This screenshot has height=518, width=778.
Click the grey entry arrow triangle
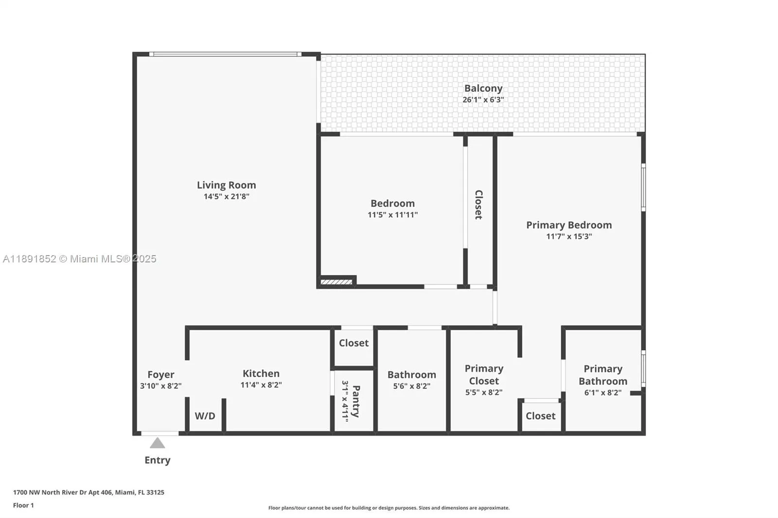pyautogui.click(x=157, y=443)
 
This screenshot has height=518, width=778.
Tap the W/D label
pyautogui.click(x=205, y=416)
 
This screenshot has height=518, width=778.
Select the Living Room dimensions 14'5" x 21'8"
pyautogui.click(x=226, y=196)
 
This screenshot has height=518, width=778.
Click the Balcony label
pyautogui.click(x=483, y=88)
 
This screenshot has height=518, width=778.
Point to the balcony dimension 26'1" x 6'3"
pyautogui.click(x=483, y=100)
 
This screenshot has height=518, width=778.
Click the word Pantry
pyautogui.click(x=356, y=401)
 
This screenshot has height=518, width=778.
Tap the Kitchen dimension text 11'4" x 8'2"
pyautogui.click(x=261, y=385)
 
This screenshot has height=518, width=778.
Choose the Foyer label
pyautogui.click(x=160, y=375)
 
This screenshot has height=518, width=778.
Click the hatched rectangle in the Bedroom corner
pyautogui.click(x=336, y=282)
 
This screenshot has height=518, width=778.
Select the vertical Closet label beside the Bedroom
pyautogui.click(x=479, y=205)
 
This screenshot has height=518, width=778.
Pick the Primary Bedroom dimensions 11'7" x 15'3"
pyautogui.click(x=569, y=237)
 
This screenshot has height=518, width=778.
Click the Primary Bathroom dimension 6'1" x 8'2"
pyautogui.click(x=602, y=393)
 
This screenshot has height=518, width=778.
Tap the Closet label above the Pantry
pyautogui.click(x=354, y=343)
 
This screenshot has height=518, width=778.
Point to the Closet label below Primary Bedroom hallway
pyautogui.click(x=540, y=416)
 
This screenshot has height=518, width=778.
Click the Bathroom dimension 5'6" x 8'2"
pyautogui.click(x=411, y=386)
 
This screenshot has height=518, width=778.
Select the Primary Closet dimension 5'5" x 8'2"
pyautogui.click(x=484, y=392)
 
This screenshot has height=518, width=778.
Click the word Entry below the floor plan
pyautogui.click(x=157, y=460)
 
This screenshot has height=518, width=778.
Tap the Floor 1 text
pyautogui.click(x=23, y=505)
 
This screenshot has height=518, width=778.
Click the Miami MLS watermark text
pyautogui.click(x=79, y=259)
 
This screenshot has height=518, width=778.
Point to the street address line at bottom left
pyautogui.click(x=88, y=492)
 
